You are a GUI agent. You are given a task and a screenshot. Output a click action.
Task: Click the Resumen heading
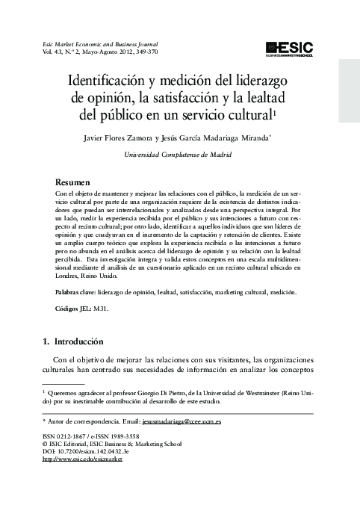[x=73, y=182]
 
